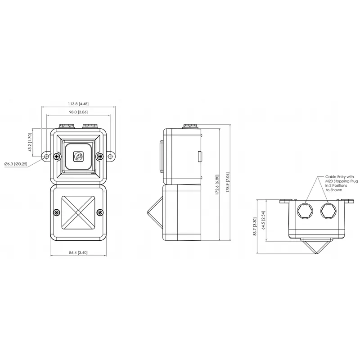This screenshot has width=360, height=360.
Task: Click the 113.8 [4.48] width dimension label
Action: [78, 104]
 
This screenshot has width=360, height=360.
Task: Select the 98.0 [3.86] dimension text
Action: [78, 112]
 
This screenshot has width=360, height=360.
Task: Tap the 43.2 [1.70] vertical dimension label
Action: [30, 142]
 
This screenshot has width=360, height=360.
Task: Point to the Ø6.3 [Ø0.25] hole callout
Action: [16, 164]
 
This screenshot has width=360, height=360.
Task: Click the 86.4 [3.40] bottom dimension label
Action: [78, 252]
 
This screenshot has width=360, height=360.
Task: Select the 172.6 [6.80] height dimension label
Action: [217, 185]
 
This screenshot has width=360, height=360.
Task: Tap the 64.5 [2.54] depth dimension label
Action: [264, 220]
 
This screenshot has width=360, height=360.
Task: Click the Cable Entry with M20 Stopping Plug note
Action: [342, 183]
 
